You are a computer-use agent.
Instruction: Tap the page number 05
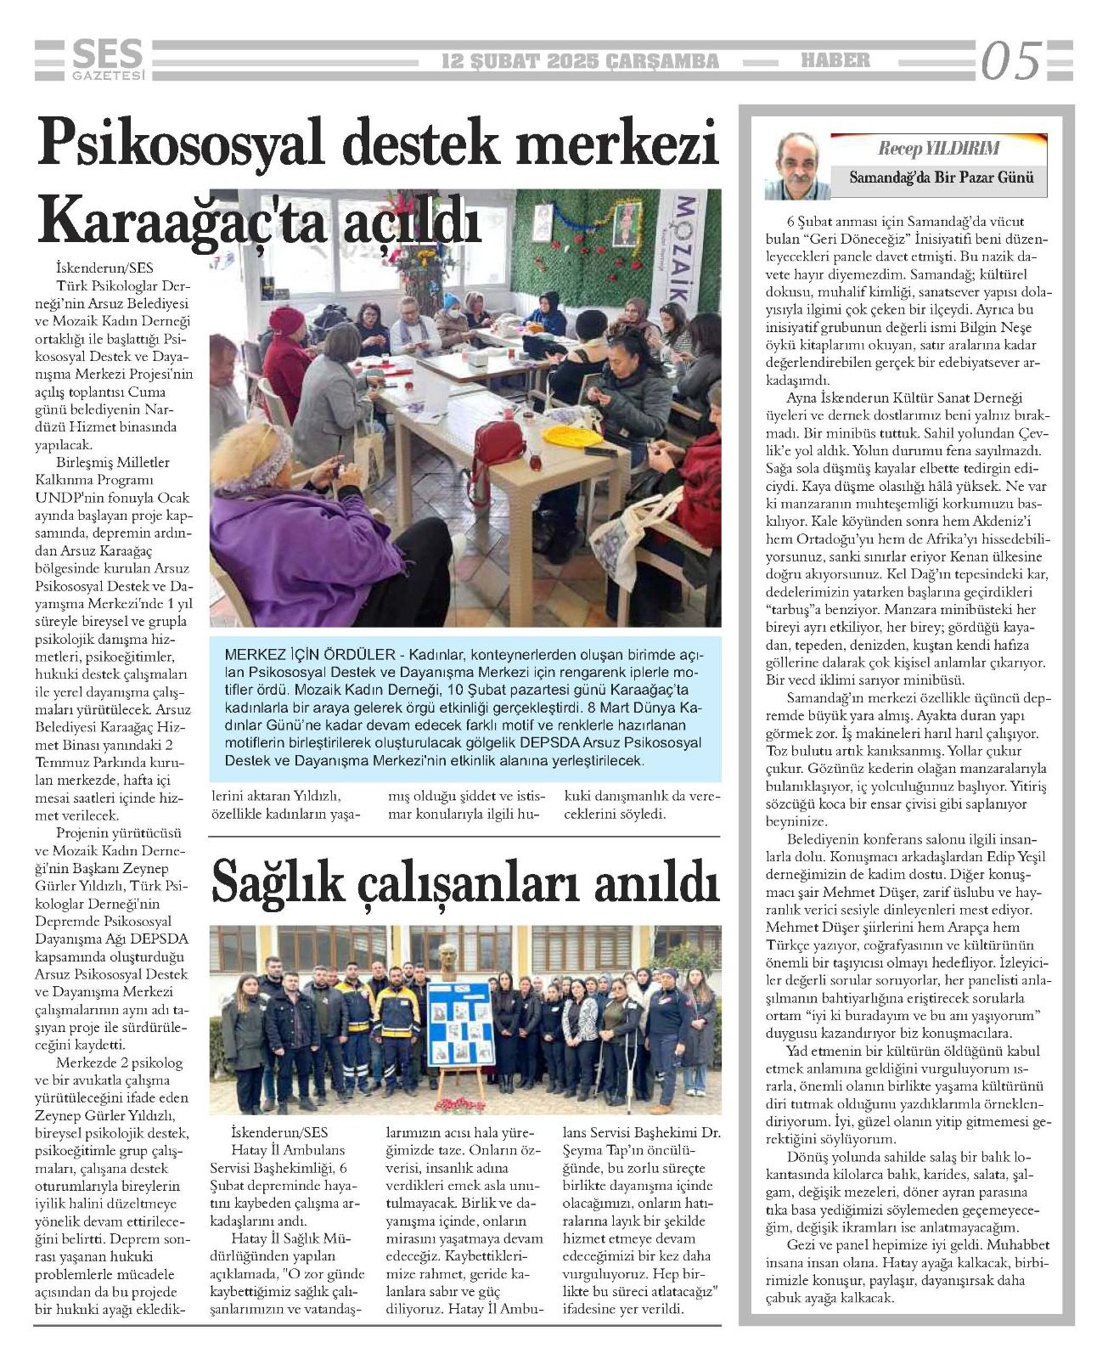click(1010, 61)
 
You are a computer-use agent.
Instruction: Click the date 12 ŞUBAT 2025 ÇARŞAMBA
click(581, 61)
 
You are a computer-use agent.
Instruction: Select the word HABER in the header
click(836, 60)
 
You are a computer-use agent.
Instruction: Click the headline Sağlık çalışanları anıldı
click(465, 881)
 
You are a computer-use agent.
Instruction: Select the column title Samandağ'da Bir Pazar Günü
click(942, 178)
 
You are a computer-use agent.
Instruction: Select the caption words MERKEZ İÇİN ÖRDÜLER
click(308, 656)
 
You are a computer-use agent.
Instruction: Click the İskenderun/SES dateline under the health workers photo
click(278, 1132)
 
